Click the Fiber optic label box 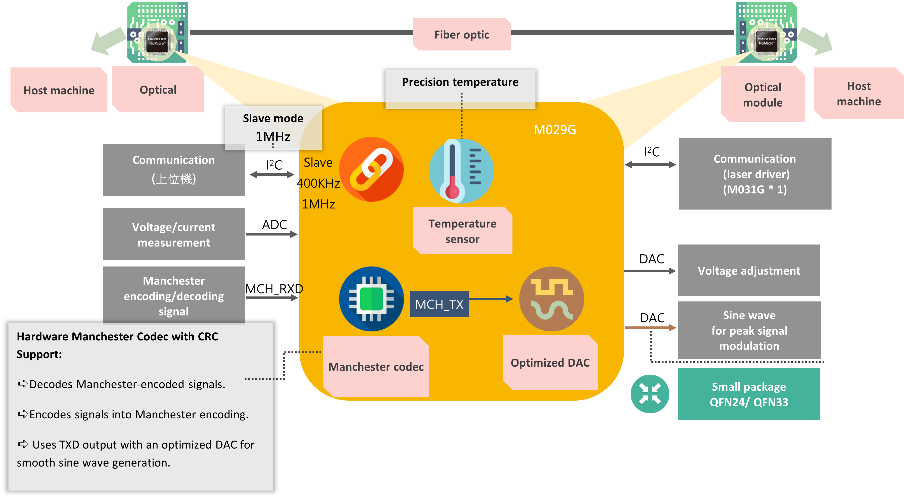461,34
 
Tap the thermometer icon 461,171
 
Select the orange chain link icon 371,169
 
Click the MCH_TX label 439,304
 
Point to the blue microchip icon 371,299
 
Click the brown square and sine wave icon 551,299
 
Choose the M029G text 554,130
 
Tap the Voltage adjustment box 749,270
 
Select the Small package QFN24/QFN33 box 749,394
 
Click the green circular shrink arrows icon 650,394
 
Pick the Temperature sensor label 462,231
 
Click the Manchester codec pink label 376,366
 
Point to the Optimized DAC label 550,362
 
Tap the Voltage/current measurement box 173,234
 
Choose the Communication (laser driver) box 755,174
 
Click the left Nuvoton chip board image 157,32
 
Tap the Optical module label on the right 762,94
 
